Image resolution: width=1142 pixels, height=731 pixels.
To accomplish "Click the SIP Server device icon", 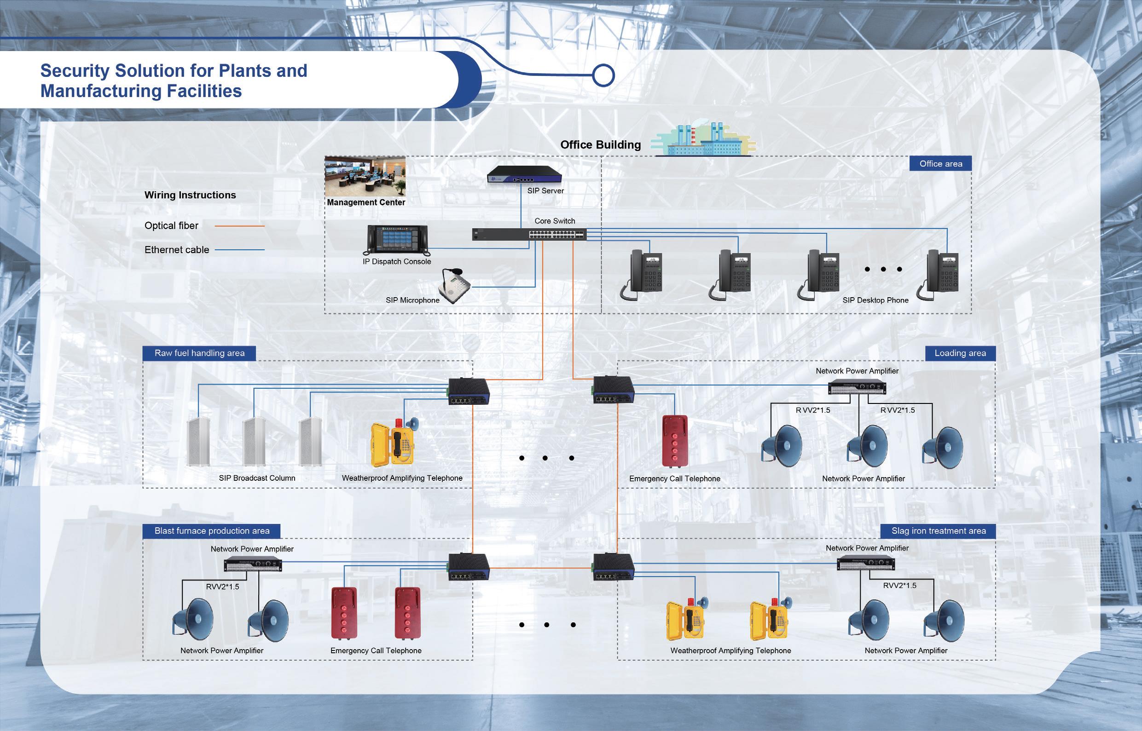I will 524,175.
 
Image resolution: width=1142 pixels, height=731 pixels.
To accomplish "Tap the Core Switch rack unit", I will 529,235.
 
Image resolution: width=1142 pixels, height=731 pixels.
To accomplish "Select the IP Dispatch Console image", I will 397,240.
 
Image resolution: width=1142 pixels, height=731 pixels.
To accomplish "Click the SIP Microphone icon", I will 454,285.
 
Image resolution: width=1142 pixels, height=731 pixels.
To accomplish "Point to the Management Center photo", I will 365,176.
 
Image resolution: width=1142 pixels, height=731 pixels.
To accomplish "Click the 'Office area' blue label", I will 940,164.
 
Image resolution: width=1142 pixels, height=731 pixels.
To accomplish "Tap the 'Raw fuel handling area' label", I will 199,353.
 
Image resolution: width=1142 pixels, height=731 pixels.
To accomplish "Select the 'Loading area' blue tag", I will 960,353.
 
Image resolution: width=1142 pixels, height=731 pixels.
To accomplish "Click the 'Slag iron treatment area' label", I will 938,531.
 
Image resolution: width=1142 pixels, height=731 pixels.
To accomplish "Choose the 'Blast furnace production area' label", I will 212,531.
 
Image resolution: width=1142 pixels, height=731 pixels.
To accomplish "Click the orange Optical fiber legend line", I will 239,226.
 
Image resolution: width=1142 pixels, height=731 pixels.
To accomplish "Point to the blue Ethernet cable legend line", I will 239,250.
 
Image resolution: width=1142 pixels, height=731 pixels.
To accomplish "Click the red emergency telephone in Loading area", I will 675,442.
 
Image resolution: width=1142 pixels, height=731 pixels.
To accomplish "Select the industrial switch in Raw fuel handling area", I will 469,391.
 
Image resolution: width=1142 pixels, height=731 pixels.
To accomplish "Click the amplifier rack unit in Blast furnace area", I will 253,565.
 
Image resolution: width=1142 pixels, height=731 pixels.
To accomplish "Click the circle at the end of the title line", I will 603,75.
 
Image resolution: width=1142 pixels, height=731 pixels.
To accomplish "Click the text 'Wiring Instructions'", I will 190,195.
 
